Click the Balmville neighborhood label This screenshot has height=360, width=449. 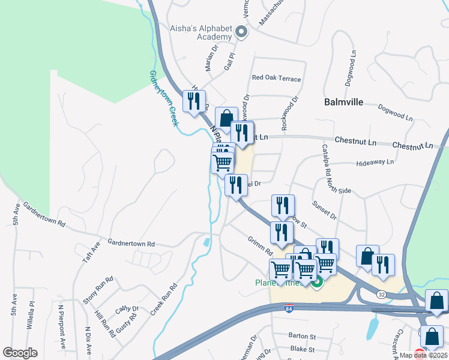(x=343, y=102)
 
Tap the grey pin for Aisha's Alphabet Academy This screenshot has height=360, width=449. (x=241, y=32)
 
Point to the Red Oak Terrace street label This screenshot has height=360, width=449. (x=276, y=78)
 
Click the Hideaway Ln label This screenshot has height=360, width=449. (x=375, y=162)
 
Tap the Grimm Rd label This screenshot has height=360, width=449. (x=261, y=247)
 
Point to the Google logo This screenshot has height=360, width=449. (x=20, y=352)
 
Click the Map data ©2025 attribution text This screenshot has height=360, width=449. (x=422, y=355)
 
